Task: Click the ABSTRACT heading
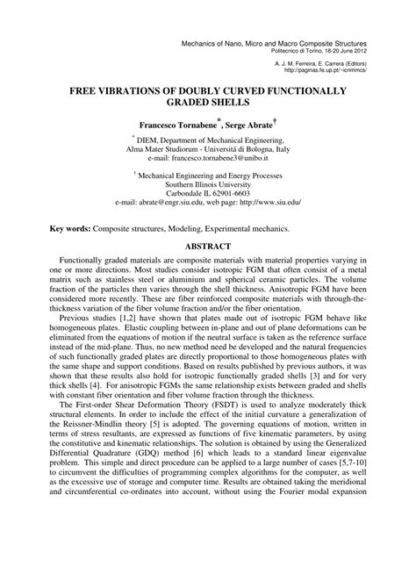[x=208, y=247]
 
